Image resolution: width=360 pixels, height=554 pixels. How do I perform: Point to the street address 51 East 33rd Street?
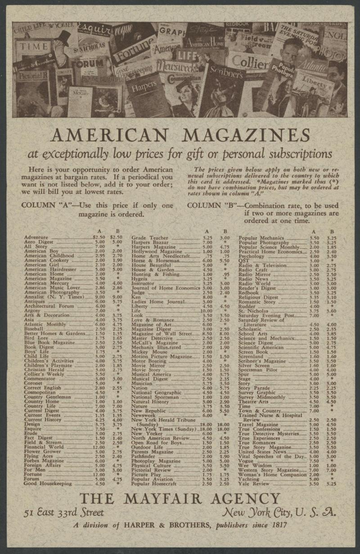tap(64, 513)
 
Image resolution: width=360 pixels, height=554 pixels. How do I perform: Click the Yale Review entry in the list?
tap(254, 484)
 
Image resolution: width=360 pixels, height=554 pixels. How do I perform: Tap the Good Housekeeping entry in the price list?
tap(48, 484)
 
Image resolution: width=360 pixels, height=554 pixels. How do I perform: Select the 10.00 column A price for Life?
tap(206, 311)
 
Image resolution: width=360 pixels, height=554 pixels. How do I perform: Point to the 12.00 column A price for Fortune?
tap(99, 474)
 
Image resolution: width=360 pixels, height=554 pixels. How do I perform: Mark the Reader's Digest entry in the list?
tap(257, 288)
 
